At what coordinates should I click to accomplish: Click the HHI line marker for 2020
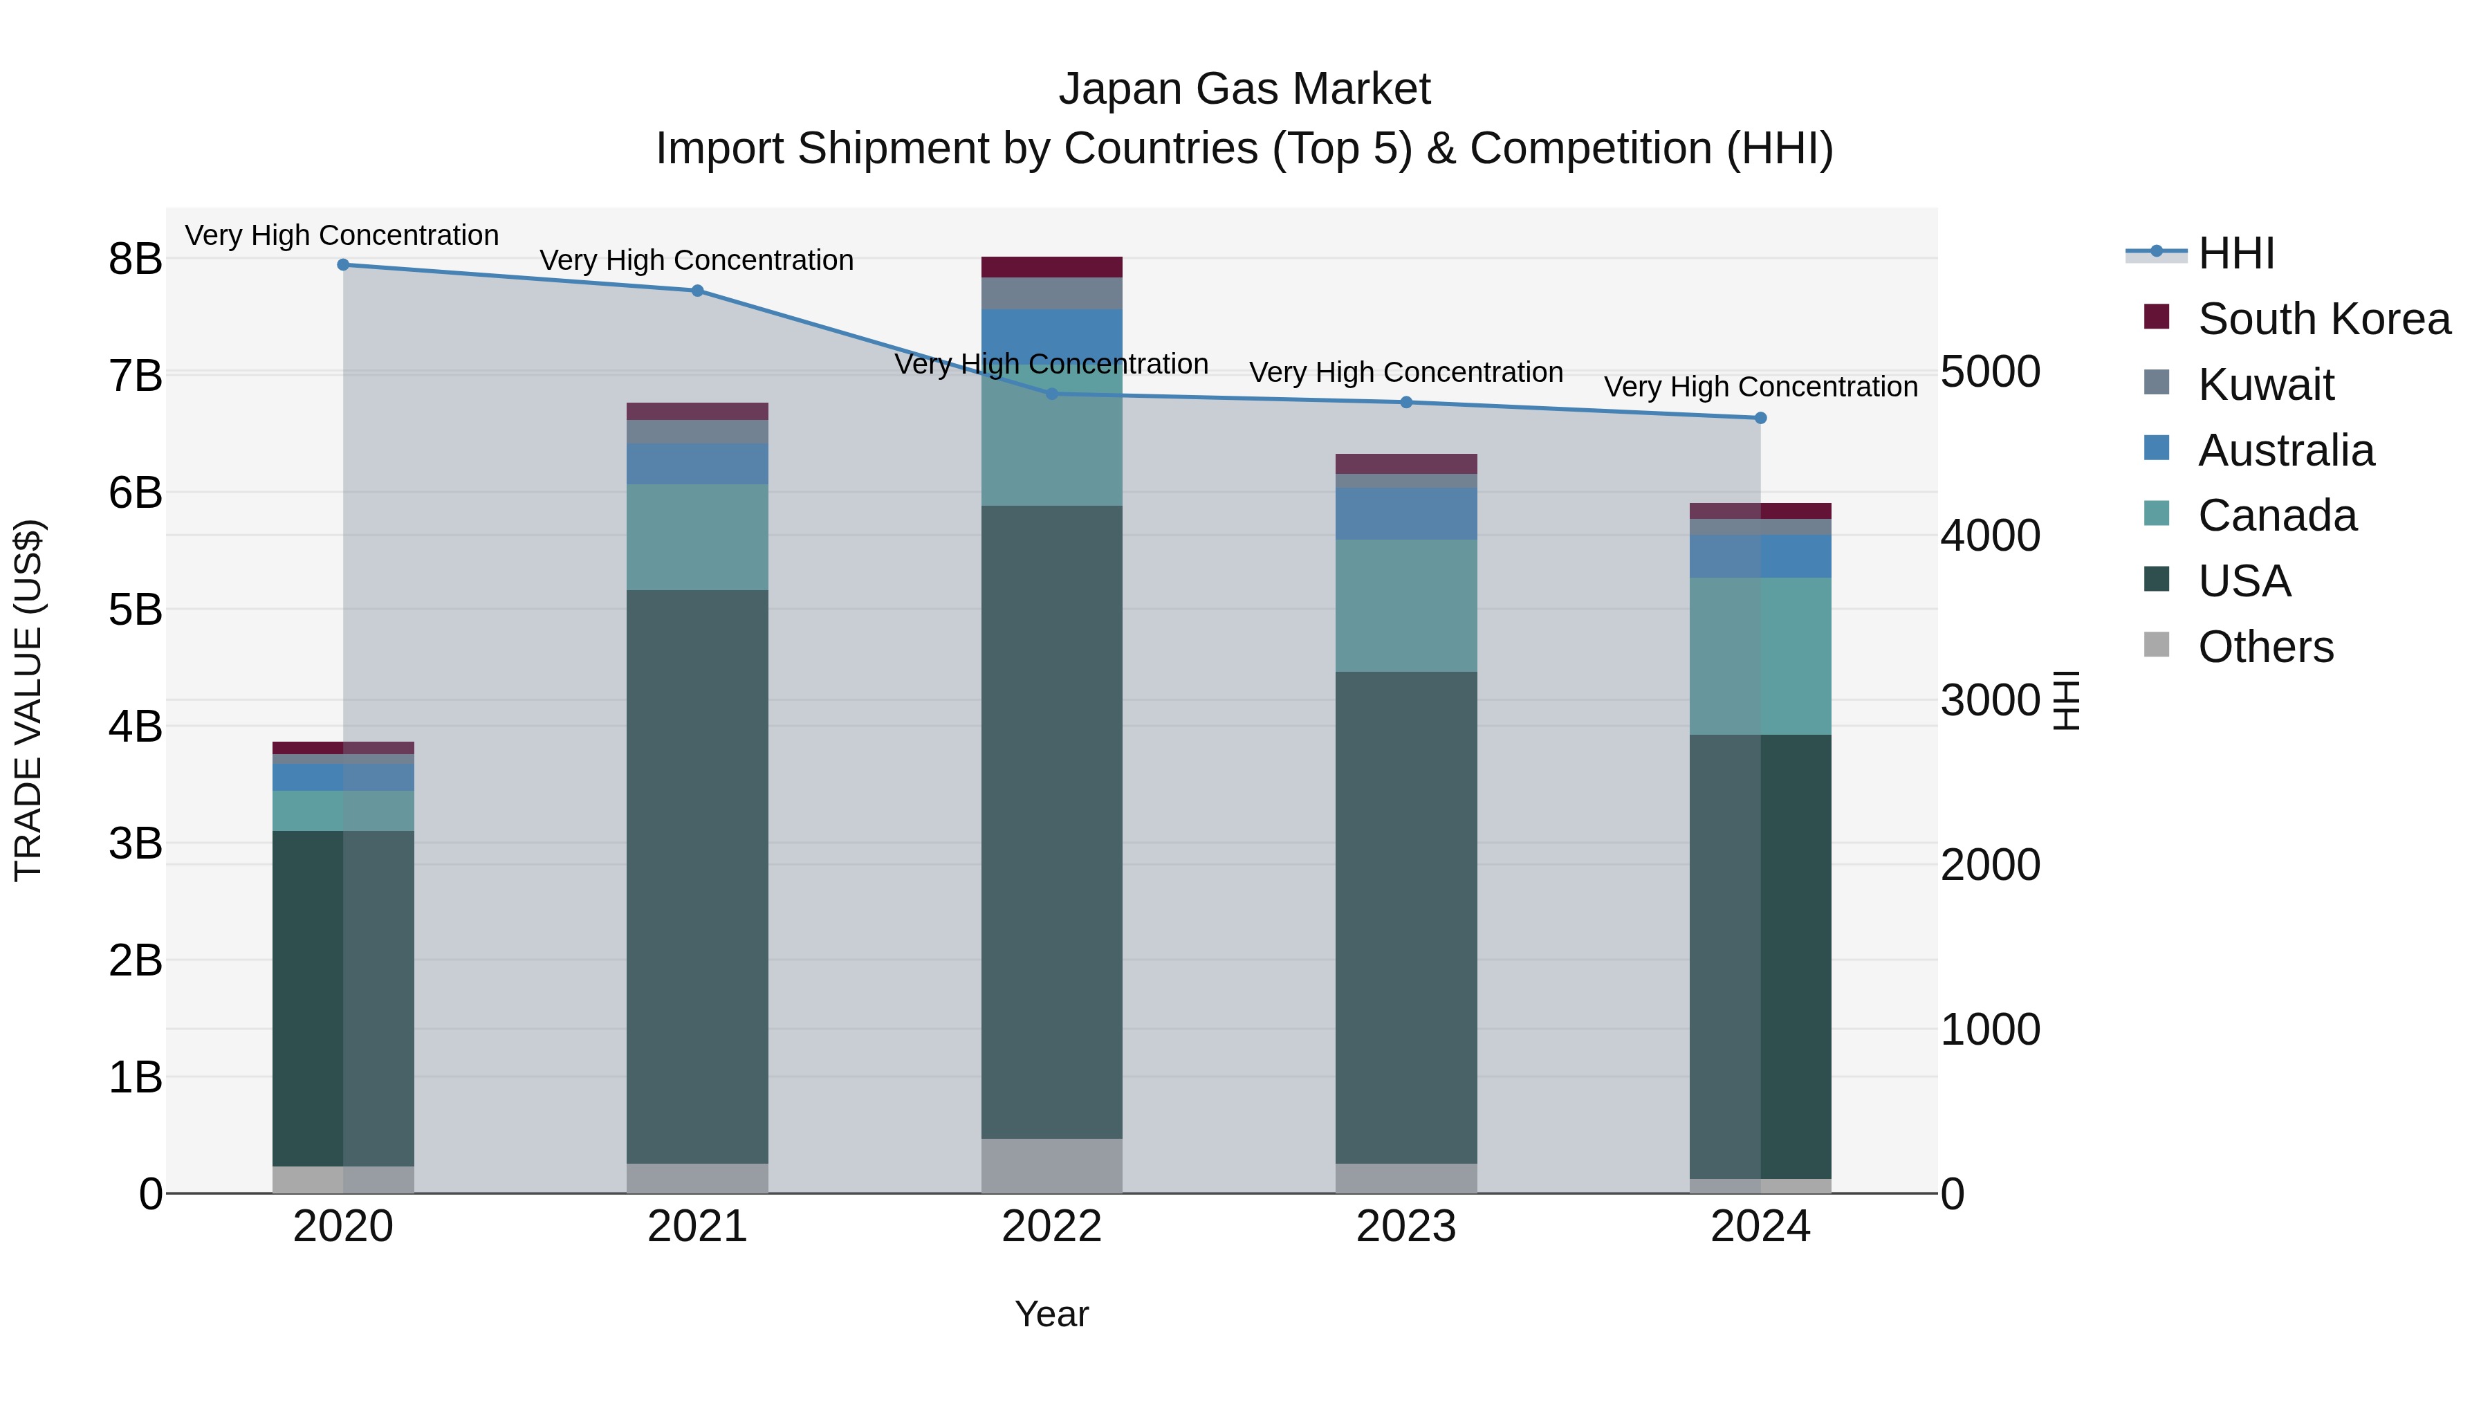(x=343, y=265)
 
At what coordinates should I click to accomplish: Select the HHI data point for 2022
(x=1051, y=394)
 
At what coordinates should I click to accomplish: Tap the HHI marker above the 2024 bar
(x=1760, y=418)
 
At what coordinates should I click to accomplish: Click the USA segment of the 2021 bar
(x=697, y=875)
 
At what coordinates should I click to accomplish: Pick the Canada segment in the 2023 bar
(x=1406, y=605)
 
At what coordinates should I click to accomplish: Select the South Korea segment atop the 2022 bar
(x=1051, y=267)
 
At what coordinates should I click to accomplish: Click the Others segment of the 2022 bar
(x=1051, y=1165)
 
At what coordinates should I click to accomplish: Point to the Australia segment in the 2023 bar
(x=1406, y=513)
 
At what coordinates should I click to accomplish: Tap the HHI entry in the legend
(x=2235, y=253)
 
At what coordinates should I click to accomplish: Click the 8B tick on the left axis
(x=136, y=259)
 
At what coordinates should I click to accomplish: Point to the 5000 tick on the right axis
(x=1990, y=372)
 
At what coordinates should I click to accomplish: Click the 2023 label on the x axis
(x=1406, y=1227)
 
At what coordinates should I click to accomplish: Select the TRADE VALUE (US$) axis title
(x=28, y=700)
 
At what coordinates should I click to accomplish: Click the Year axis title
(x=1051, y=1314)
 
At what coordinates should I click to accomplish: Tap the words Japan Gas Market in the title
(x=1244, y=89)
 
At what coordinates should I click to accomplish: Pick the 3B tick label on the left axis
(x=136, y=843)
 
